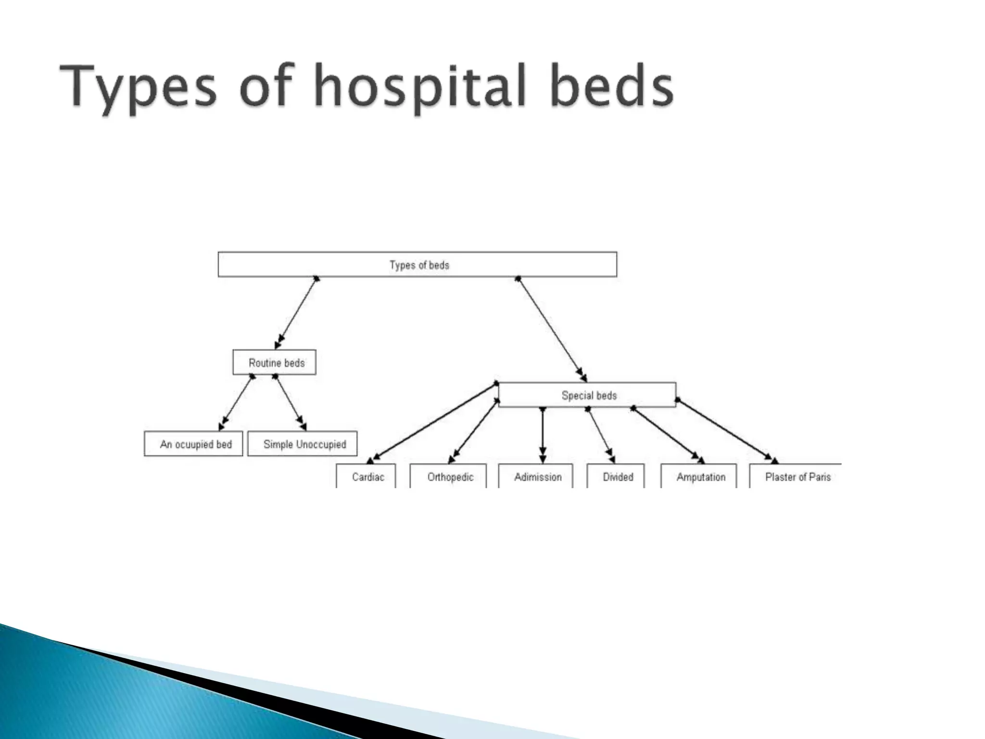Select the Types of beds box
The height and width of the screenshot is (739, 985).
417,265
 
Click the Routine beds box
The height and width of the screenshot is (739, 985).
275,362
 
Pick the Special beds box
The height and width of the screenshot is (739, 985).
587,395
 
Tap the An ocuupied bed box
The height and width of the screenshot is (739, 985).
193,444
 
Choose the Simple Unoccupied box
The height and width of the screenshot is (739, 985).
303,444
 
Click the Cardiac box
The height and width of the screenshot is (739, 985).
366,476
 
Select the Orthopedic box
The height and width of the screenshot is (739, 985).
448,476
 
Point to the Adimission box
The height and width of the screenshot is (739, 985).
536,476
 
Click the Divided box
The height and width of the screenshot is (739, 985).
616,476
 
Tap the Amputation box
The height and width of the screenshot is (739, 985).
699,476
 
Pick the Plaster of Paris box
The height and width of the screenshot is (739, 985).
796,476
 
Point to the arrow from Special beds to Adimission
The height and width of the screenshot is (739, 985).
543,435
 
